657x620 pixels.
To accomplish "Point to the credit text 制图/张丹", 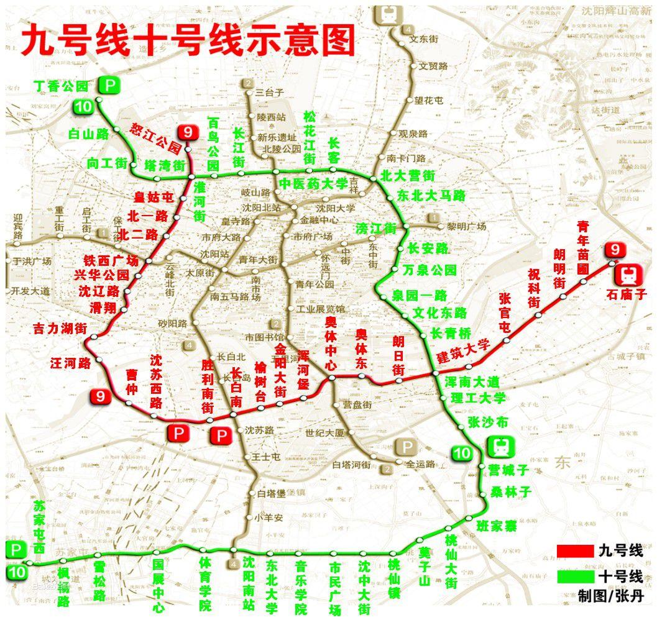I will (x=610, y=597).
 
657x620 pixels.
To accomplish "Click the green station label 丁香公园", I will (x=61, y=86).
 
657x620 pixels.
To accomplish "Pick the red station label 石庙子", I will (x=627, y=295).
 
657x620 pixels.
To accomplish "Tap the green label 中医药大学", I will (x=313, y=183).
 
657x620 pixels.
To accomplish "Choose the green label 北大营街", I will (x=407, y=176).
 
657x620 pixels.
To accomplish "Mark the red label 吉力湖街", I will (x=60, y=330).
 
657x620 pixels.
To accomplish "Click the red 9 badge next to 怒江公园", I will (x=187, y=132).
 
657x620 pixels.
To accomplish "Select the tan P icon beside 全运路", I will (x=407, y=447).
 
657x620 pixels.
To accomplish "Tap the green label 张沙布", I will (x=487, y=422).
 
